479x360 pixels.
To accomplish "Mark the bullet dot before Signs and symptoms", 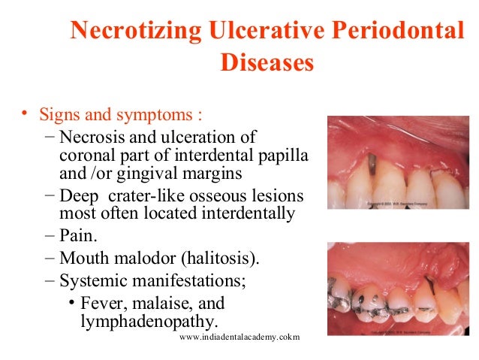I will tap(25, 115).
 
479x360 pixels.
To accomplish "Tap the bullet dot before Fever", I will tap(70, 303).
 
